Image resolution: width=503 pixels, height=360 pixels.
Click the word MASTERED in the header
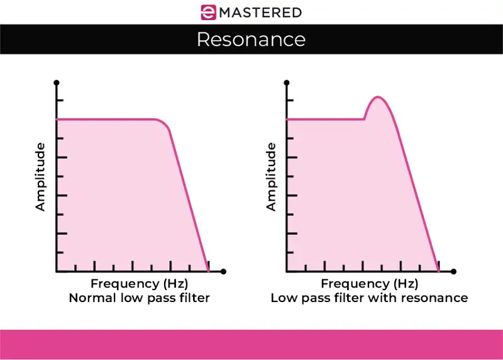(x=260, y=12)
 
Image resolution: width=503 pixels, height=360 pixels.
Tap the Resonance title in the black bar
(x=251, y=40)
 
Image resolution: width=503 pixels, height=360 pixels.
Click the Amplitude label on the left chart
(x=41, y=177)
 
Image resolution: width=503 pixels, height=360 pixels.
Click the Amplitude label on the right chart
(x=271, y=177)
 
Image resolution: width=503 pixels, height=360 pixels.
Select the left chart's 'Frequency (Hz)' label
(x=139, y=283)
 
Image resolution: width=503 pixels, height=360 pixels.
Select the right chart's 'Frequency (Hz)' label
(x=369, y=283)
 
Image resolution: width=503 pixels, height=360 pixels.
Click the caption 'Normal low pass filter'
(x=139, y=298)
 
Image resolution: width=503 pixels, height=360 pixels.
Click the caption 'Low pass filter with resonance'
(x=369, y=298)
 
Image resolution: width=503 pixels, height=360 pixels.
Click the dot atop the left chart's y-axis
(x=57, y=82)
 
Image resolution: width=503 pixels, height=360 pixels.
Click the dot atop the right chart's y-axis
(x=287, y=82)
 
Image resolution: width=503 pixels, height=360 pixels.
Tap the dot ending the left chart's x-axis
(x=223, y=271)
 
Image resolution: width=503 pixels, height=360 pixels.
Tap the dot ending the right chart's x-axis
(x=453, y=271)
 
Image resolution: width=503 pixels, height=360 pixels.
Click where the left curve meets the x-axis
(x=208, y=271)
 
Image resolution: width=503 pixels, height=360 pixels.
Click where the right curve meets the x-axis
(x=438, y=271)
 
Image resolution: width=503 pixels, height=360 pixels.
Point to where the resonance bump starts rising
(x=364, y=118)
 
